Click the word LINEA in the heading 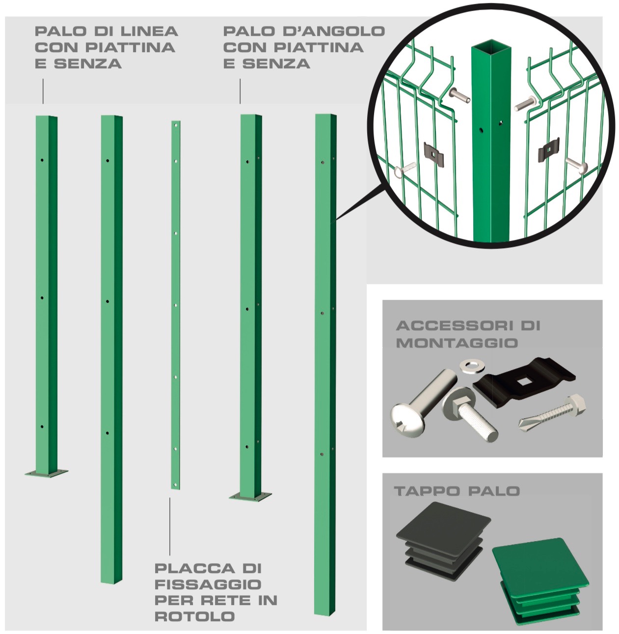149,31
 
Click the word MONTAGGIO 457,343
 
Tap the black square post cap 443,541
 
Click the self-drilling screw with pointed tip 553,413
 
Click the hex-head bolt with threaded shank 470,414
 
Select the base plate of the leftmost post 46,473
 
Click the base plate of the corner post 250,496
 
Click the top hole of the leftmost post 42,160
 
